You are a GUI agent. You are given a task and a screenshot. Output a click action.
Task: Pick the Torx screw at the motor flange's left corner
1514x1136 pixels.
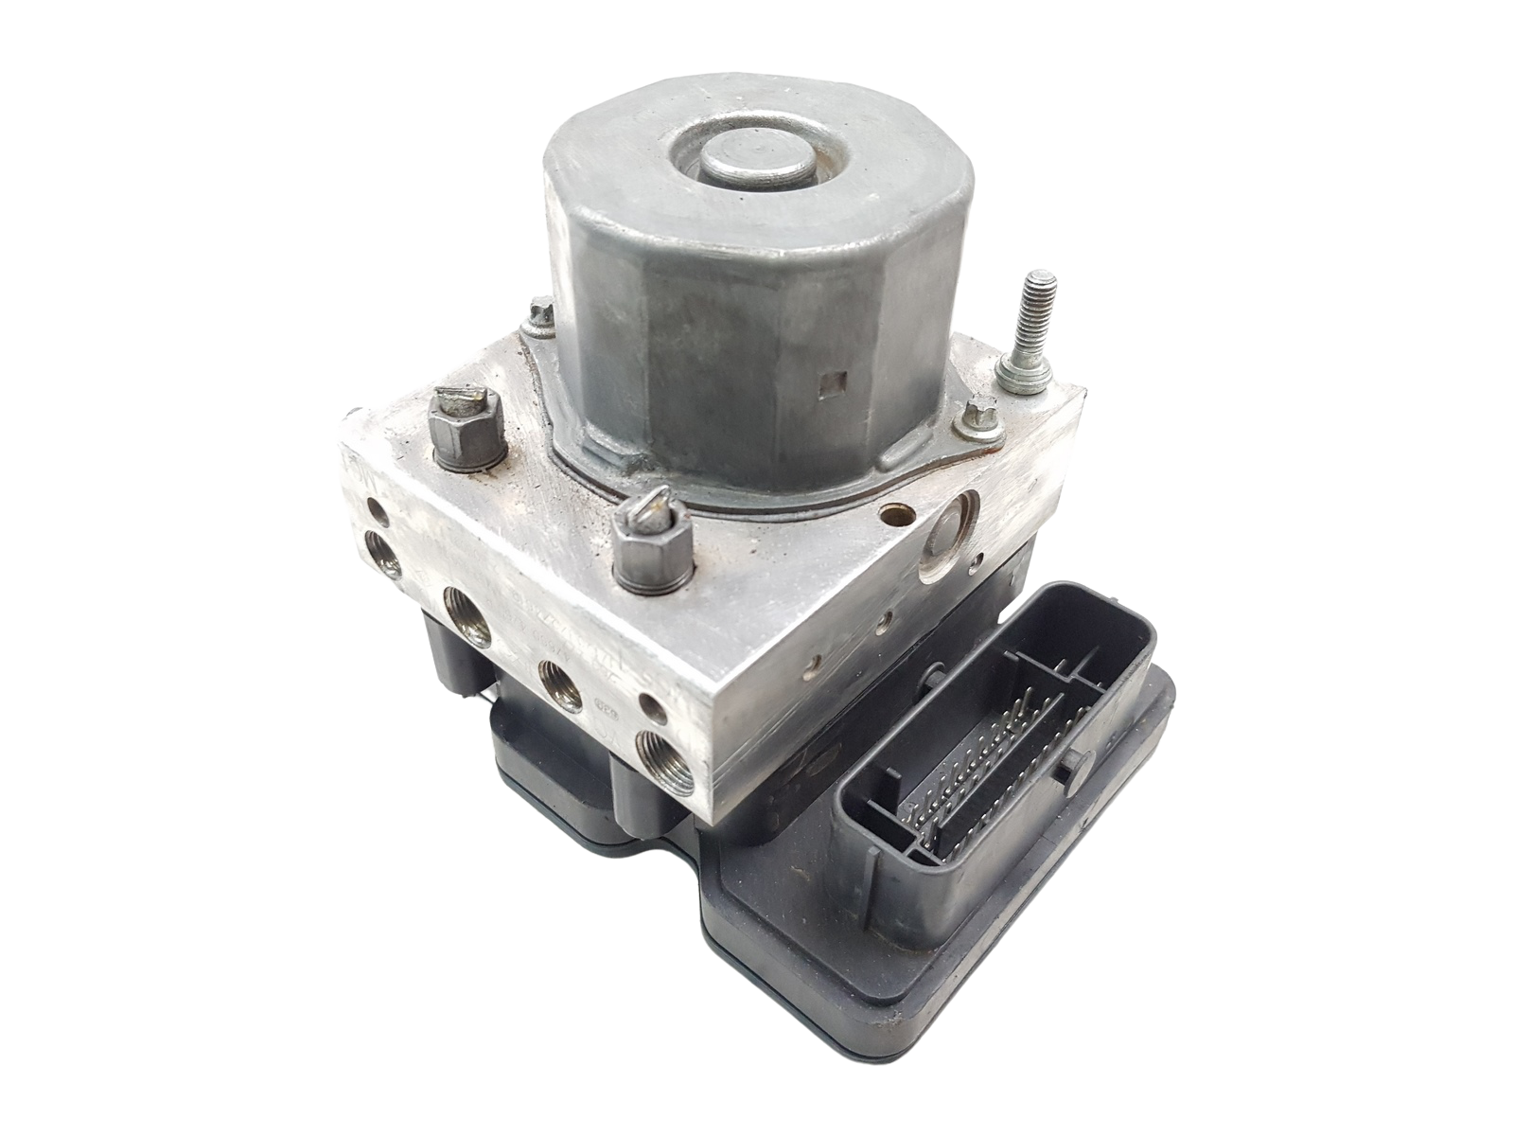pyautogui.click(x=542, y=313)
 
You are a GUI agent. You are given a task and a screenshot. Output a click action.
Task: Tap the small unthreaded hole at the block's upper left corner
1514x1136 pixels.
pyautogui.click(x=378, y=515)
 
